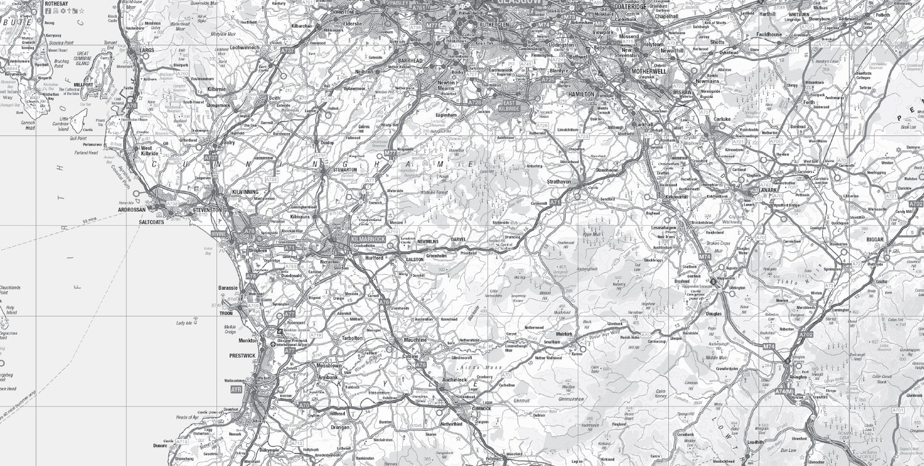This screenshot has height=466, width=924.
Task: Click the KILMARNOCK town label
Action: (x=368, y=239)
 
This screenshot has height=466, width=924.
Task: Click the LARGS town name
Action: (x=147, y=49)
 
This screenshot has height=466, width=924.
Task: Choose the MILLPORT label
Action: (x=83, y=86)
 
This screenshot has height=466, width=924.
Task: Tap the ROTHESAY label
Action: (x=57, y=4)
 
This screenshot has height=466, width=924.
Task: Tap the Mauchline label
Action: (x=415, y=340)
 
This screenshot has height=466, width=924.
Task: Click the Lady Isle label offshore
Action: (x=184, y=323)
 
